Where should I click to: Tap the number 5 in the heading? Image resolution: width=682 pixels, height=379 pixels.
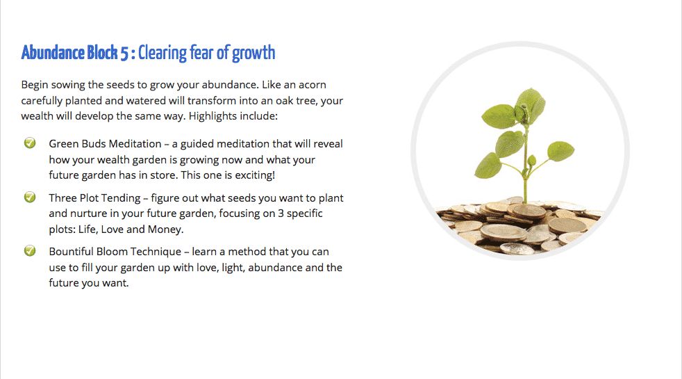pyautogui.click(x=124, y=53)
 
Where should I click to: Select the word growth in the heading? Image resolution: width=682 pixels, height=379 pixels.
pyautogui.click(x=253, y=54)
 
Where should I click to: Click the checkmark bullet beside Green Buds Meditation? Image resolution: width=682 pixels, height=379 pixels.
pyautogui.click(x=30, y=143)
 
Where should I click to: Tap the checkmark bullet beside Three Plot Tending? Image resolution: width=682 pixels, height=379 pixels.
pyautogui.click(x=30, y=197)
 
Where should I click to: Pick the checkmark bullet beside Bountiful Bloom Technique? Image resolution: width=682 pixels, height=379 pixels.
pyautogui.click(x=30, y=250)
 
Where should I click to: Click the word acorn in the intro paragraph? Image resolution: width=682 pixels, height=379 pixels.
pyautogui.click(x=311, y=85)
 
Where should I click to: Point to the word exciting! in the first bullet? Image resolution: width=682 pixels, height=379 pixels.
pyautogui.click(x=255, y=175)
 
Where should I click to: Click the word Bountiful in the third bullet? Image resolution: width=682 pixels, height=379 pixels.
pyautogui.click(x=71, y=252)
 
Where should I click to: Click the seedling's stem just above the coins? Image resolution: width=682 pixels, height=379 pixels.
pyautogui.click(x=526, y=194)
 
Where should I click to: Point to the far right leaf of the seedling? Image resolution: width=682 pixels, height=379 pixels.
pyautogui.click(x=560, y=151)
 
